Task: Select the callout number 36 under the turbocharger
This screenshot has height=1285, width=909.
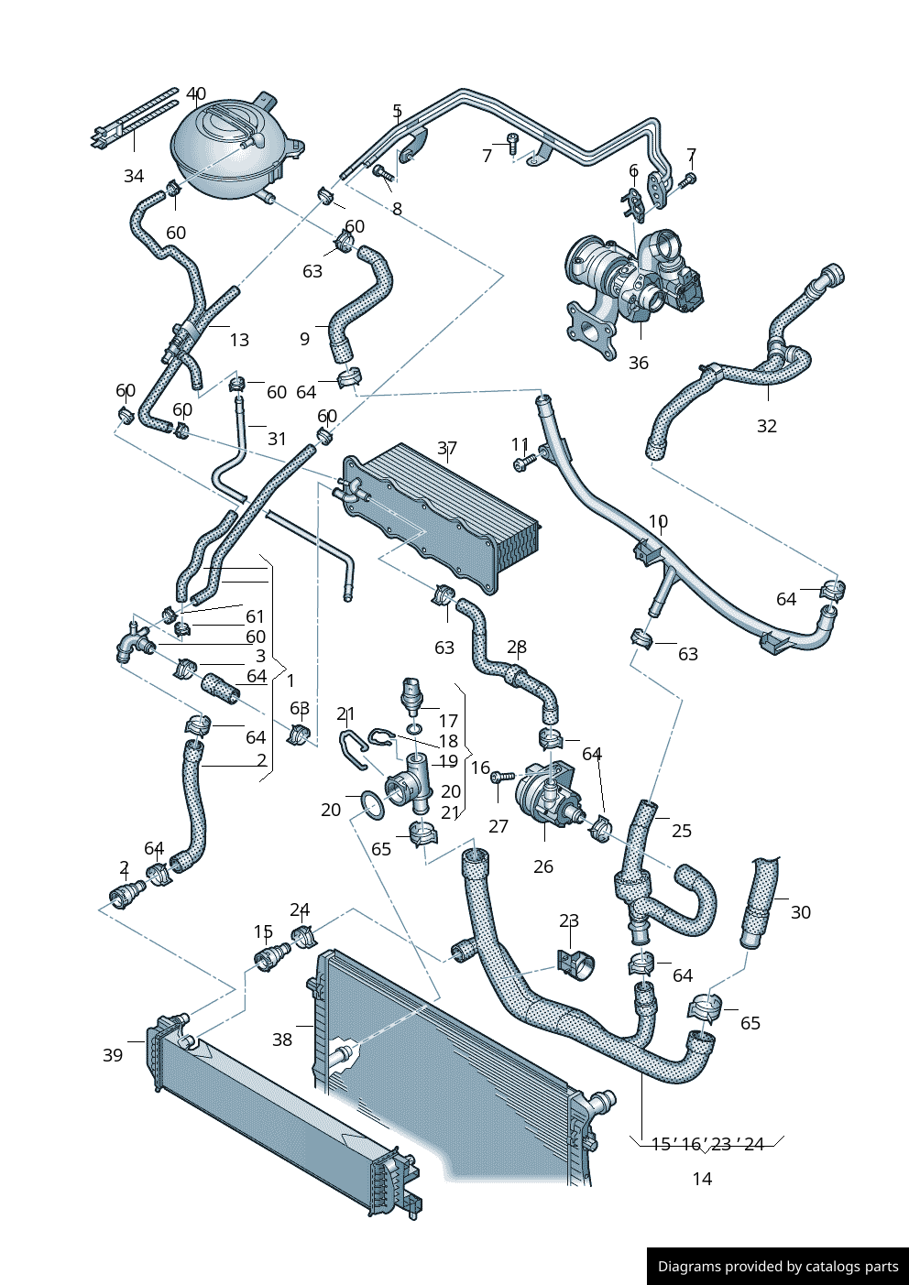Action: click(x=638, y=363)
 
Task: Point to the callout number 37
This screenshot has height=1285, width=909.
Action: click(x=446, y=448)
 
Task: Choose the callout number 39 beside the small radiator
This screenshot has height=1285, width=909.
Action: click(x=112, y=1055)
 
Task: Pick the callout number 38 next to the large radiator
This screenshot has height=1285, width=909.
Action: click(x=282, y=1039)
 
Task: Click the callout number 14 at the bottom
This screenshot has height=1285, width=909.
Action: click(x=702, y=1179)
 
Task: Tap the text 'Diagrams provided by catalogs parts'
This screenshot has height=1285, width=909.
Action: click(x=778, y=1267)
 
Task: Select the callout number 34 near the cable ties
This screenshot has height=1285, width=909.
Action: click(x=134, y=176)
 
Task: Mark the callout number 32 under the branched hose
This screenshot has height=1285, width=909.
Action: click(x=766, y=426)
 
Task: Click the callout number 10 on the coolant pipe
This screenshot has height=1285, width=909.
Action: click(x=658, y=521)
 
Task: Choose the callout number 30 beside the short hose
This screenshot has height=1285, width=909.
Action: click(x=800, y=912)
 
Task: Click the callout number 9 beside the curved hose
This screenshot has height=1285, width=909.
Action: click(x=304, y=339)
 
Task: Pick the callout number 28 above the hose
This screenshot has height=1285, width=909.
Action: click(x=517, y=648)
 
